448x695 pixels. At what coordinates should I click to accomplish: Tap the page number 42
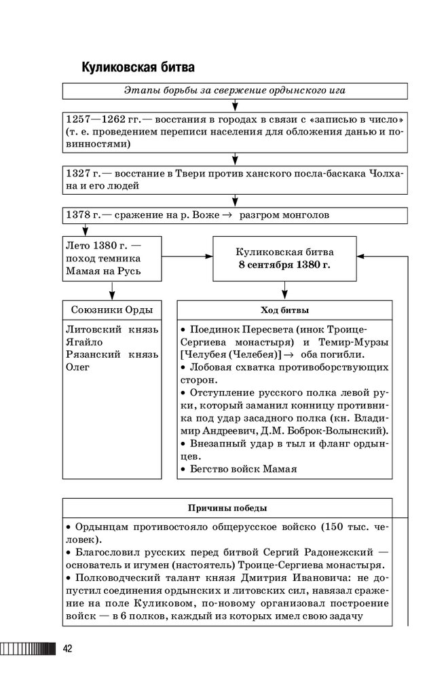point(68,649)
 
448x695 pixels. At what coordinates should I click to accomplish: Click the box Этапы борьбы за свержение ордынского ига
point(235,91)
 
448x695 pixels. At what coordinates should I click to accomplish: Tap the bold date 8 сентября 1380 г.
point(284,264)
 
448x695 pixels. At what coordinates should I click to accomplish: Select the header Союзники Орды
point(112,310)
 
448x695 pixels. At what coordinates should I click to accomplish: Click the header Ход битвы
point(284,310)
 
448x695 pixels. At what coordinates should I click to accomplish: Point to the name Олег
point(78,367)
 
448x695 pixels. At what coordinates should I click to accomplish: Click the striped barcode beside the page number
point(29,649)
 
